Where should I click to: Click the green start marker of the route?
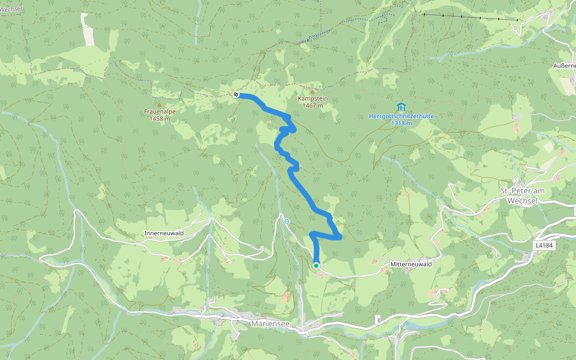316,265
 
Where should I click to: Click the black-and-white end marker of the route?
236,94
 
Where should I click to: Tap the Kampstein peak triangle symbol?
312,91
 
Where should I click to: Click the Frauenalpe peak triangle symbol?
160,104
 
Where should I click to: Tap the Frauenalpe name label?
160,112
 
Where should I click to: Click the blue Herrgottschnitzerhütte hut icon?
401,106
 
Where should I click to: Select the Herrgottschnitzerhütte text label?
401,116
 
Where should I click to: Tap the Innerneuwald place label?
163,232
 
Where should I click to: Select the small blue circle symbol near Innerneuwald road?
287,221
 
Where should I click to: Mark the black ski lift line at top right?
471,17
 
